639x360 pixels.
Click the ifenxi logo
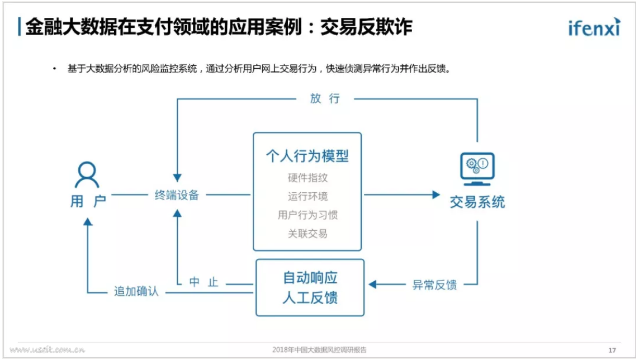594,27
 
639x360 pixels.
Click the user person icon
87,175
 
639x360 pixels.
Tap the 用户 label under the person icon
88,201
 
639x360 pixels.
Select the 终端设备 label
177,195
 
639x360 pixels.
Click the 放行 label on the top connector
325,98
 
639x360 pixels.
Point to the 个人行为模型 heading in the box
307,156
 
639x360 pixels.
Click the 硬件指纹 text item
307,178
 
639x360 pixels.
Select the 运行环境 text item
307,197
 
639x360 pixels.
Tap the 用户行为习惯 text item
307,215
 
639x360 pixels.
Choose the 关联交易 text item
307,234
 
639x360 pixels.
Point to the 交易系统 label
477,202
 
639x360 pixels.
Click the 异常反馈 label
434,285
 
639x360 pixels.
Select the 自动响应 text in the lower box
310,278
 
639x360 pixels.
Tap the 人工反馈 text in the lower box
310,297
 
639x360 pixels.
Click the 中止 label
203,282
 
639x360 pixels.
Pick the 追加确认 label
136,291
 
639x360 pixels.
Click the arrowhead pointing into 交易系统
436,195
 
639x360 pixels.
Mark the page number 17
612,350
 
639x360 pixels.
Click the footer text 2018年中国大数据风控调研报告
319,350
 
